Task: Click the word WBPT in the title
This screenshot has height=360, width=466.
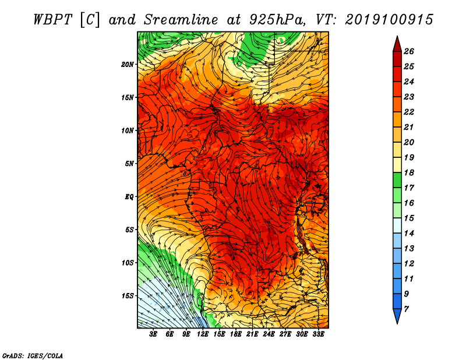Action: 52,20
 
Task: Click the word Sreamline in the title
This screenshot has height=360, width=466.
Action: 181,20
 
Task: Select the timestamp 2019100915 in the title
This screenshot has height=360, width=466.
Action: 389,20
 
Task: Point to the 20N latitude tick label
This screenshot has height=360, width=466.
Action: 128,65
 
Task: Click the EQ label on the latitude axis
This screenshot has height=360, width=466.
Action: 129,197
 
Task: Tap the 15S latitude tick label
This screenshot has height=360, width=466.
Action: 128,296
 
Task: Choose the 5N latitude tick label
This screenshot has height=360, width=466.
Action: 129,164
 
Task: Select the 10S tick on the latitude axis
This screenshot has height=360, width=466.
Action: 128,263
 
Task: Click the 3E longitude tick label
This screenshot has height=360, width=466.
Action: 153,334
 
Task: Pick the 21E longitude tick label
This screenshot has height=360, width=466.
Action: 252,334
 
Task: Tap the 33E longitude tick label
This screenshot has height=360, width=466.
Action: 318,334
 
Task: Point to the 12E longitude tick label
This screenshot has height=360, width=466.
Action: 203,334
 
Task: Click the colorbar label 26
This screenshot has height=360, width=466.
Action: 409,51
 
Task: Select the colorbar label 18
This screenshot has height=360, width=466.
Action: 409,172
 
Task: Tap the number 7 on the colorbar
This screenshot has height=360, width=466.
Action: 406,309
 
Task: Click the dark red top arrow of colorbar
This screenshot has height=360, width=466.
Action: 397,44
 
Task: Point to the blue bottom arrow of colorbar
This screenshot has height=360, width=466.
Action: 397,316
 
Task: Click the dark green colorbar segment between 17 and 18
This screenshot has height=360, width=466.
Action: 397,180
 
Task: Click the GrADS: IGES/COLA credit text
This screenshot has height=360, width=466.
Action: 33,356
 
